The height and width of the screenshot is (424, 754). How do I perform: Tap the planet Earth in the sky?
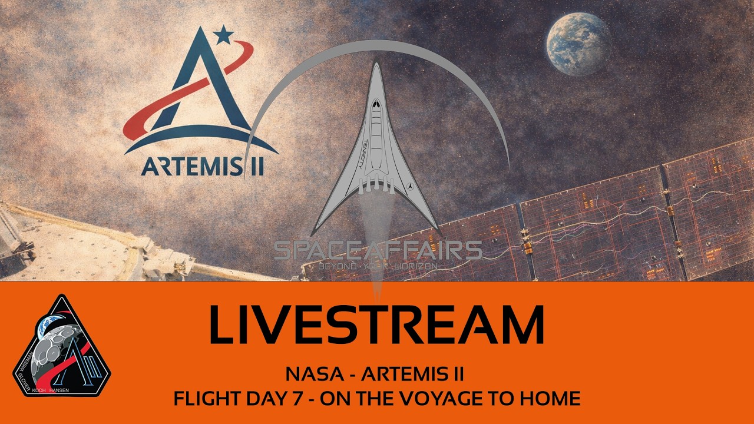(x=578, y=44)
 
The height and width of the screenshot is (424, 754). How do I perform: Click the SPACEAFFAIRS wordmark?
(x=378, y=251)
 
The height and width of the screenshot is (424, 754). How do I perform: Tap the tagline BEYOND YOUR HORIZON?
(x=378, y=266)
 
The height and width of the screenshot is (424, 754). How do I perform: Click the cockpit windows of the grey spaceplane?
(x=375, y=104)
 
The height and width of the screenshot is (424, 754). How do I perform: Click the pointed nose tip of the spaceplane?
(x=375, y=64)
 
